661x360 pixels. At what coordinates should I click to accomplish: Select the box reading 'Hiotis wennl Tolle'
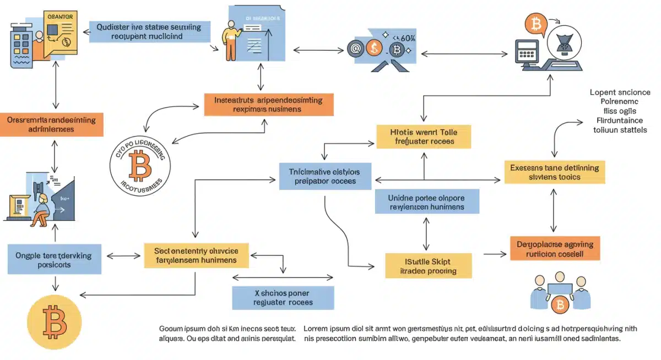click(x=424, y=136)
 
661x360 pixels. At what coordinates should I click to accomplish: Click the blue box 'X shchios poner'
click(x=283, y=297)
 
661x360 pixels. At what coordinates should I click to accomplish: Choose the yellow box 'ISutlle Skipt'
click(x=428, y=265)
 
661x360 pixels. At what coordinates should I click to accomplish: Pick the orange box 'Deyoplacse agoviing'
click(x=555, y=249)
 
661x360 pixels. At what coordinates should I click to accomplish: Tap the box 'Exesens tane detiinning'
click(x=555, y=172)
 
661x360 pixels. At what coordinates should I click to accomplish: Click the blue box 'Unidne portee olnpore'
click(x=427, y=202)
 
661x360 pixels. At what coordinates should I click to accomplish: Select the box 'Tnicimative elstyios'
click(x=325, y=176)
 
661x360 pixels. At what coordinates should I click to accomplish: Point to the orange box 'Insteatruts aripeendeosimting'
click(x=269, y=105)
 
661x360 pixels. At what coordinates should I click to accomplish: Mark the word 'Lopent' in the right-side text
click(x=603, y=92)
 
